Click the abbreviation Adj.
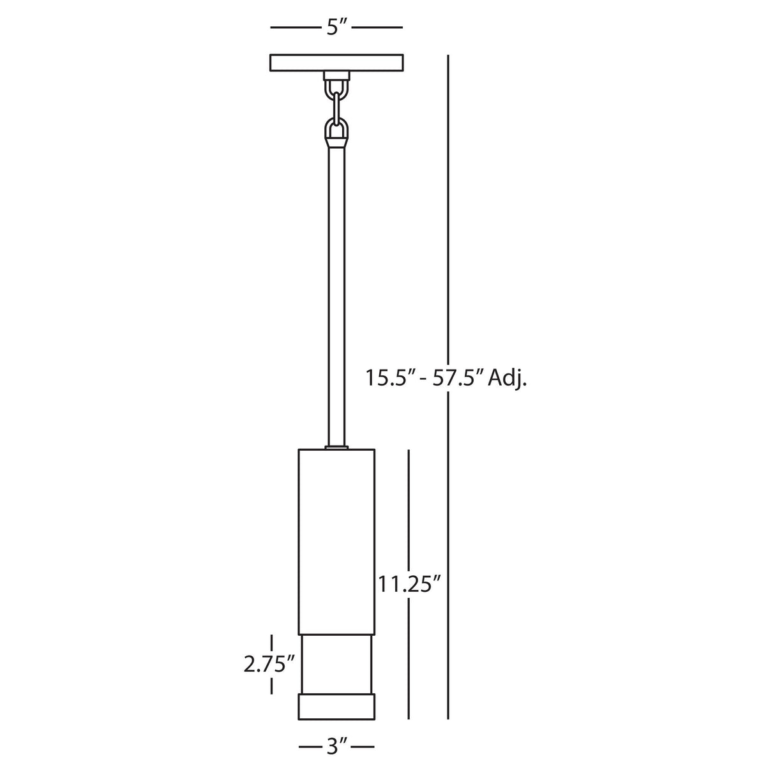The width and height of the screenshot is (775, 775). (507, 379)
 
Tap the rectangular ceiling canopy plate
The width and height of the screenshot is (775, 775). (336, 63)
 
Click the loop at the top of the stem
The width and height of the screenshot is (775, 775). (336, 130)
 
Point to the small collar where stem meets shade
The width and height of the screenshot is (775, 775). (336, 448)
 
